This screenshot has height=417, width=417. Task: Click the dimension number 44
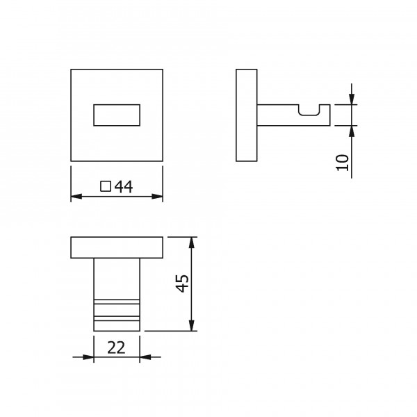pos(123,186)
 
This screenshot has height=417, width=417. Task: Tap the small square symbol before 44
pos(106,186)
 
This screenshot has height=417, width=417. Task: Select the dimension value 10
pos(341,163)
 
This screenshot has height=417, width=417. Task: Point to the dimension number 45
pos(182,284)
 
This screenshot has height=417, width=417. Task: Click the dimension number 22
pos(116,347)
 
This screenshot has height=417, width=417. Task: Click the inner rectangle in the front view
pos(117,115)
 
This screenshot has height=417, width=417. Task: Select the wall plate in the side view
pos(247,115)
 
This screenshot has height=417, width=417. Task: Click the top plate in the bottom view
pos(117,247)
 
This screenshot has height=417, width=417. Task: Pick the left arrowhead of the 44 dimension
pos(76,197)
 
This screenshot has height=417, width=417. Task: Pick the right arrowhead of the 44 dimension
pos(158,197)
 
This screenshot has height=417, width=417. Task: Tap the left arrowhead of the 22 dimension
pos(88,358)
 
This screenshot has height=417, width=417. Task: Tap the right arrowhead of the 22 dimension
pos(145,358)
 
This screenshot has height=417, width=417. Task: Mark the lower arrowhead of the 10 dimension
pos(352,130)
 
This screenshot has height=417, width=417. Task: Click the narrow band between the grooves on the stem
pos(117,310)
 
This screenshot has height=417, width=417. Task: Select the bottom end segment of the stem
pos(117,324)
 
